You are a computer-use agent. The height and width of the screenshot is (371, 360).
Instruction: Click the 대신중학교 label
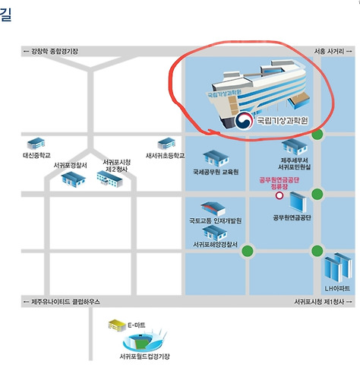(36, 155)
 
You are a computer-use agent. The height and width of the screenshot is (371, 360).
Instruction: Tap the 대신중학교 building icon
(36, 144)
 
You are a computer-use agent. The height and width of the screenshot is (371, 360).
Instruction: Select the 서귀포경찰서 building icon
(73, 179)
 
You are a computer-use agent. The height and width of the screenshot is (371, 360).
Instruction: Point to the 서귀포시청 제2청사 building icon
(109, 179)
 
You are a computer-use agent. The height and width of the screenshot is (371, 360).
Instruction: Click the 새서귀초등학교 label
(165, 156)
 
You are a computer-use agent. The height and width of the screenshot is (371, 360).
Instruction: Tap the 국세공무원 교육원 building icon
(216, 158)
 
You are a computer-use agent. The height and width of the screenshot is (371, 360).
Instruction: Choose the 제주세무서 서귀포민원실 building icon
(295, 147)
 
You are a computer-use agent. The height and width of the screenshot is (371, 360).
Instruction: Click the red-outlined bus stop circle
(279, 195)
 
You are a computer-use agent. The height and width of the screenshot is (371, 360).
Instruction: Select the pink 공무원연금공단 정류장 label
(279, 183)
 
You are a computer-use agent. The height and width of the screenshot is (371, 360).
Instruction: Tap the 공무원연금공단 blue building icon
(298, 202)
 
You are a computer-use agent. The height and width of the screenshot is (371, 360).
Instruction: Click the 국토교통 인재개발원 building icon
(213, 209)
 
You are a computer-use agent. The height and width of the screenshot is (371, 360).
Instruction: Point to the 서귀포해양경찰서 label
(216, 244)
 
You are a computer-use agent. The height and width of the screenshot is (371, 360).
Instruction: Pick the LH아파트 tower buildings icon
(338, 268)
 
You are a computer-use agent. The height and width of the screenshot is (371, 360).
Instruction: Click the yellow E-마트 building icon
(117, 325)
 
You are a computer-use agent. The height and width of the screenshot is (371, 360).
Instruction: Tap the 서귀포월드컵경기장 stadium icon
(144, 341)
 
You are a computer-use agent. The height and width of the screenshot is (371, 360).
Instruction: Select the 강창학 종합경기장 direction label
(51, 52)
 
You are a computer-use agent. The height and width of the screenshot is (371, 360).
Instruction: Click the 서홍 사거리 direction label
(333, 52)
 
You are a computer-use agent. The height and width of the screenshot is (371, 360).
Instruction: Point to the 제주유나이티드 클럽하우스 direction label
(62, 302)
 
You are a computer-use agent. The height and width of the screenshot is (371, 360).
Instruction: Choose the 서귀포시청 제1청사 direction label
(323, 302)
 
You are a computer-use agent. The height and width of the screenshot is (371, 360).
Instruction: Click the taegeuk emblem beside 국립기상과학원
(244, 121)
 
